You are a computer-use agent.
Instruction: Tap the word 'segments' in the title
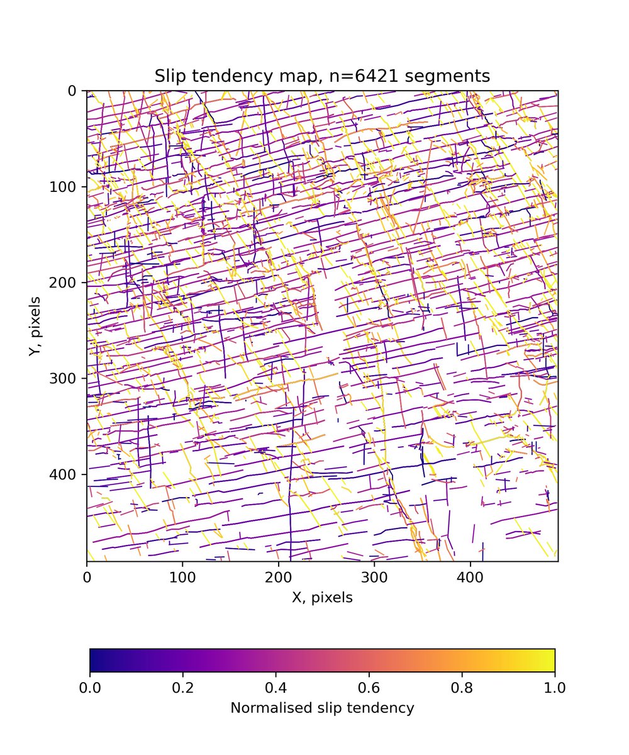[x=459, y=76]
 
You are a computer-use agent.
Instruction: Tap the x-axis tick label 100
[x=182, y=576]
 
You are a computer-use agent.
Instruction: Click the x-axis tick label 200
[x=279, y=576]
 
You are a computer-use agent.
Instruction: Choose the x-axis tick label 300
[x=374, y=576]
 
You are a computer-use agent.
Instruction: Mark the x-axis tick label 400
[x=470, y=576]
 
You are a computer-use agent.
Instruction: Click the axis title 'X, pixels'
[x=322, y=598]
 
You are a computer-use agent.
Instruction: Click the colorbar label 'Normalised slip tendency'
[x=322, y=708]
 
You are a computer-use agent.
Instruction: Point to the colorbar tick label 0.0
[x=90, y=686]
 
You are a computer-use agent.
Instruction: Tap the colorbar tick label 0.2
[x=183, y=686]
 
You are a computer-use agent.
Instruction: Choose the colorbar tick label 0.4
[x=276, y=686]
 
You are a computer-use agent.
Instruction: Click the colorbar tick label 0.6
[x=369, y=686]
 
